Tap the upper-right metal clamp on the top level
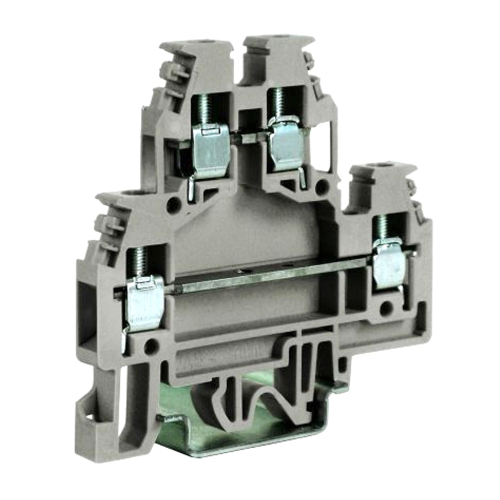click(x=287, y=145)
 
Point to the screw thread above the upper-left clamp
click(x=204, y=109)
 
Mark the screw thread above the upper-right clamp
click(x=279, y=103)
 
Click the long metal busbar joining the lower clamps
click(x=269, y=278)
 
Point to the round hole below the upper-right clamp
click(x=321, y=187)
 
